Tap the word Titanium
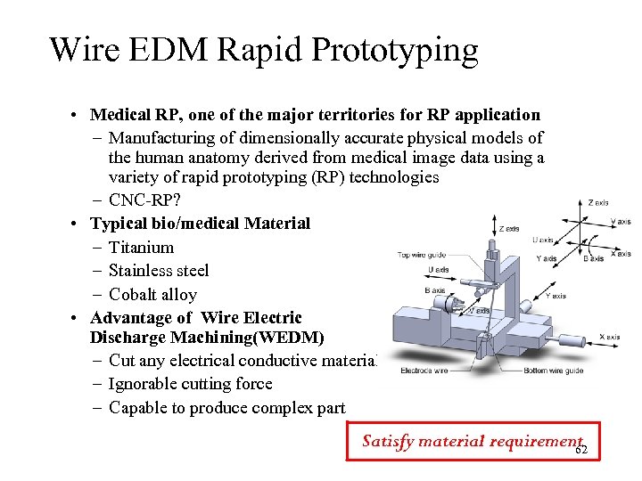[141, 247]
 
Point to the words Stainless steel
[159, 271]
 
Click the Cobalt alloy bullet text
[152, 295]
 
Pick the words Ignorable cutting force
[190, 384]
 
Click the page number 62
[581, 451]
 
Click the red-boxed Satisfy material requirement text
[471, 441]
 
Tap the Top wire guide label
[422, 256]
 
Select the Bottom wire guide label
[553, 370]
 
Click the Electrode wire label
[424, 370]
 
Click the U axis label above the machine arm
[439, 269]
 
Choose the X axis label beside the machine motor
[610, 337]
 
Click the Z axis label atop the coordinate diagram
[598, 202]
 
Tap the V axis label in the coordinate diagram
[621, 222]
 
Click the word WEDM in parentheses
[284, 338]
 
